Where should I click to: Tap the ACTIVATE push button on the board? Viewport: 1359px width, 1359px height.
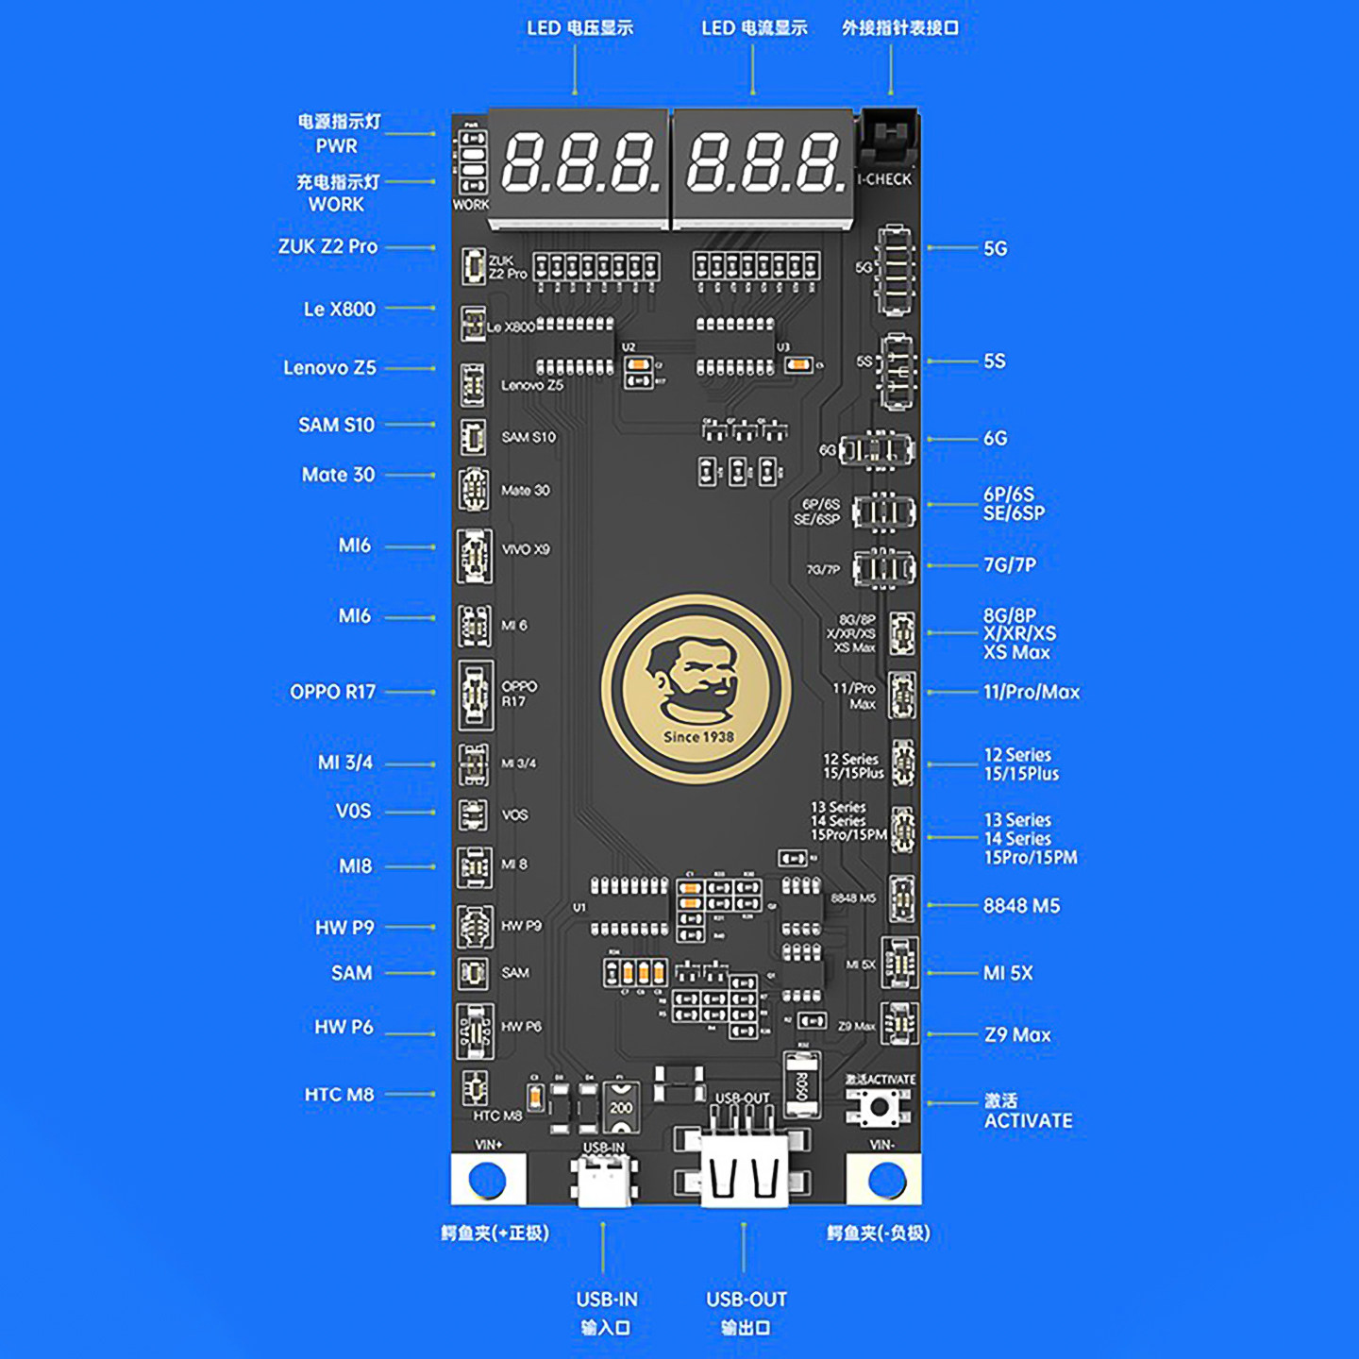[879, 1106]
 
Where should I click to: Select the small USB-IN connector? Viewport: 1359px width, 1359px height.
[604, 1180]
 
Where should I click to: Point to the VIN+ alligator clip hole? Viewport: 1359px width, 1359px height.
[488, 1180]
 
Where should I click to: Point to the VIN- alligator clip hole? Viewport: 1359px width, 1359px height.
[886, 1180]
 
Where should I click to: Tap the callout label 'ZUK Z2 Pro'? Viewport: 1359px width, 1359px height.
[327, 246]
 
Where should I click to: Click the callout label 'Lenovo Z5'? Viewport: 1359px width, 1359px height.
[329, 368]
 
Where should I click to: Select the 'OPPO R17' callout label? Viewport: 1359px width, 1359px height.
[332, 692]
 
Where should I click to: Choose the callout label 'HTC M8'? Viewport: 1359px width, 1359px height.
[339, 1095]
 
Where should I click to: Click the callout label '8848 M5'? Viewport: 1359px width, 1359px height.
[1021, 906]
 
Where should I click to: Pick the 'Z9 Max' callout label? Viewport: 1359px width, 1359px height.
[1017, 1035]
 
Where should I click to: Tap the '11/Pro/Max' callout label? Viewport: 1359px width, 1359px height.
[1032, 692]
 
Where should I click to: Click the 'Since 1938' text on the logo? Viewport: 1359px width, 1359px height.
[698, 737]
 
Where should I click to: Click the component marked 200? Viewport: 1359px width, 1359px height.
[621, 1106]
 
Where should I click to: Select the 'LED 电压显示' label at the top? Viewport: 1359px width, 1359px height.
[579, 28]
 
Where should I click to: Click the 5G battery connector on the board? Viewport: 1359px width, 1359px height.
[894, 269]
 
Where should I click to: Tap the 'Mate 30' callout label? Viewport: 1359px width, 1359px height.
[338, 475]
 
